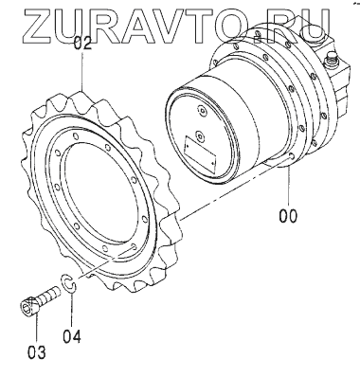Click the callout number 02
coord(82,44)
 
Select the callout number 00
coord(288,216)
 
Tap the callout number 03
coord(36,351)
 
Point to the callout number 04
coord(72,336)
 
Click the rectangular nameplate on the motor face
coord(201,153)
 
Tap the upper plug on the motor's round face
coord(202,112)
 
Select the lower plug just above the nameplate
coord(200,135)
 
